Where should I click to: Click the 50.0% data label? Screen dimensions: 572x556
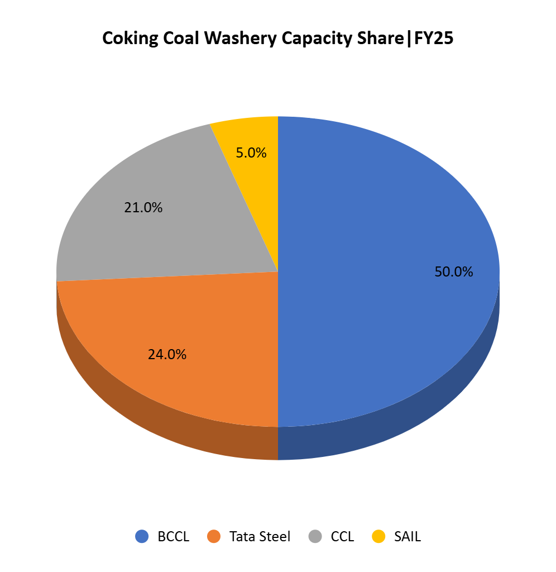click(453, 272)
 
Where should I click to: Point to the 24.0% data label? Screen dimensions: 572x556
click(167, 354)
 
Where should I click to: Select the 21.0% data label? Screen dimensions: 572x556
click(143, 208)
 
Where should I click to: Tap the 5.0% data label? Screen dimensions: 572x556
click(251, 152)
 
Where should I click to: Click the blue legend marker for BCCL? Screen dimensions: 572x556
click(142, 537)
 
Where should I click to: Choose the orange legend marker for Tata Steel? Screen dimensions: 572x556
click(214, 537)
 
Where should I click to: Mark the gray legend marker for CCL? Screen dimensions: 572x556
click(315, 537)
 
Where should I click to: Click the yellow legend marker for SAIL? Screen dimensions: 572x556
click(378, 537)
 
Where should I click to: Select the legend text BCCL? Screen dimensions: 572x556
click(174, 537)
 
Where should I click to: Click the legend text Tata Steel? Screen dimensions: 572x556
click(260, 537)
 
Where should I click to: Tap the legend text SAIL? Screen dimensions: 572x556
click(408, 537)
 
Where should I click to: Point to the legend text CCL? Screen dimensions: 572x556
click(342, 537)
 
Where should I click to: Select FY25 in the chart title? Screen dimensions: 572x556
click(433, 39)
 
